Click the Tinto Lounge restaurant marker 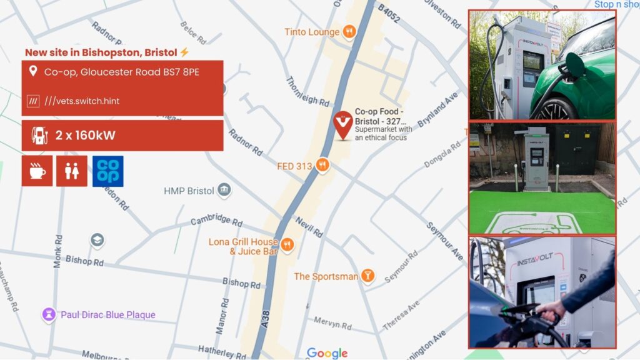coord(349,31)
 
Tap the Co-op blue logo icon coord(107,171)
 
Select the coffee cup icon coord(37,171)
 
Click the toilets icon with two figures coord(72,171)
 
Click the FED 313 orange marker coord(322,166)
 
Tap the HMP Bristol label coord(189,191)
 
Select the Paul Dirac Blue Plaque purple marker coord(49,315)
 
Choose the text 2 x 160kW coord(85,136)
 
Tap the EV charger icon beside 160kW coord(39,136)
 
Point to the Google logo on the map coord(327,353)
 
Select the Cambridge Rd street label coord(216,221)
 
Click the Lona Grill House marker coord(287,244)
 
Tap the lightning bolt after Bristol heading coord(184,52)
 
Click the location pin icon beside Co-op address coord(32,72)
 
